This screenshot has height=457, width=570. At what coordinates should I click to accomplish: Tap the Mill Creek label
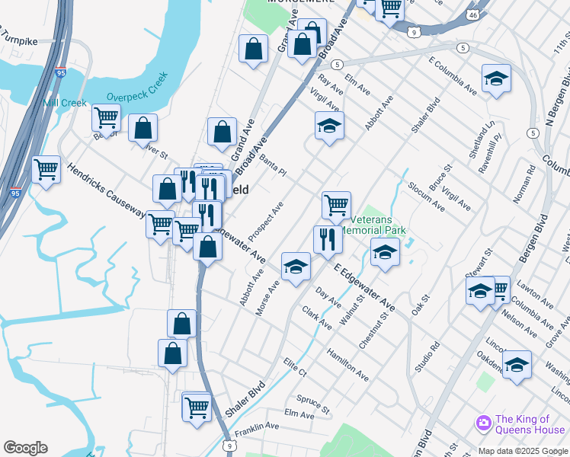click(x=66, y=103)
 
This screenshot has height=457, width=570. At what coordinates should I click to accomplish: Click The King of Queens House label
click(x=530, y=424)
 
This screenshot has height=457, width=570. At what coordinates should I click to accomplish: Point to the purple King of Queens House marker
click(x=482, y=423)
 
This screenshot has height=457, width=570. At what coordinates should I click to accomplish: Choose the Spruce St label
click(x=312, y=404)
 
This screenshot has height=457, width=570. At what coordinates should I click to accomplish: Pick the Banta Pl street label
click(x=272, y=165)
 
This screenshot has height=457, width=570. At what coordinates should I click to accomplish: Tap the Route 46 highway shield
click(x=473, y=15)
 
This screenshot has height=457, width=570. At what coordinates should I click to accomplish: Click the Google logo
click(x=25, y=448)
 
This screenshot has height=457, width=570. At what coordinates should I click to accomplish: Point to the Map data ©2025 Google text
click(x=522, y=451)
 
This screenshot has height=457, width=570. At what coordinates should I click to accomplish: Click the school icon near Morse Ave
click(x=296, y=267)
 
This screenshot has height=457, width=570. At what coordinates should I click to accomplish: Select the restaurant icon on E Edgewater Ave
click(x=328, y=238)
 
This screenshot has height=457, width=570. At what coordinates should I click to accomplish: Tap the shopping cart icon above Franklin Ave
click(x=197, y=407)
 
